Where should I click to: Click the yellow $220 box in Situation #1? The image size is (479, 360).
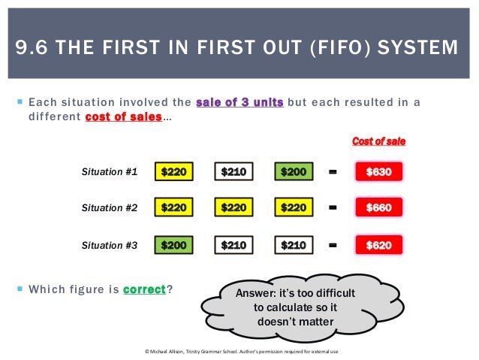tap(173, 172)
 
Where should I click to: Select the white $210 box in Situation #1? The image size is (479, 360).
tap(233, 172)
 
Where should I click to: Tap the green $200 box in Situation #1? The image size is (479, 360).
tap(294, 172)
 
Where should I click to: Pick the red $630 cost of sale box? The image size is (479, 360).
tap(378, 172)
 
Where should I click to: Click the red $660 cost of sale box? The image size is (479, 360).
tap(378, 207)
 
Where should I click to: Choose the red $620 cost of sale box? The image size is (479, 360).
tap(378, 245)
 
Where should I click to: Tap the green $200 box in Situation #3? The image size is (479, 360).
tap(173, 245)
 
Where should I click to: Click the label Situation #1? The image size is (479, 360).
tap(110, 172)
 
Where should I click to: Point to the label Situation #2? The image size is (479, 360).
tap(110, 208)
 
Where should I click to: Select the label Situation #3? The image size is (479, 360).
tap(110, 245)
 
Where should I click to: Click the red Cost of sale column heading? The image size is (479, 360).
tap(378, 141)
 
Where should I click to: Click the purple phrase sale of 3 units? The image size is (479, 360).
tap(239, 102)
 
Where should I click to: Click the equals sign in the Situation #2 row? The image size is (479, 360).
tap(333, 208)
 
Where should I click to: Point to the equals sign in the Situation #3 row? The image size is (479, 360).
tap(333, 245)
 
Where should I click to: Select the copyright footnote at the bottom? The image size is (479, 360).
tap(239, 351)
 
